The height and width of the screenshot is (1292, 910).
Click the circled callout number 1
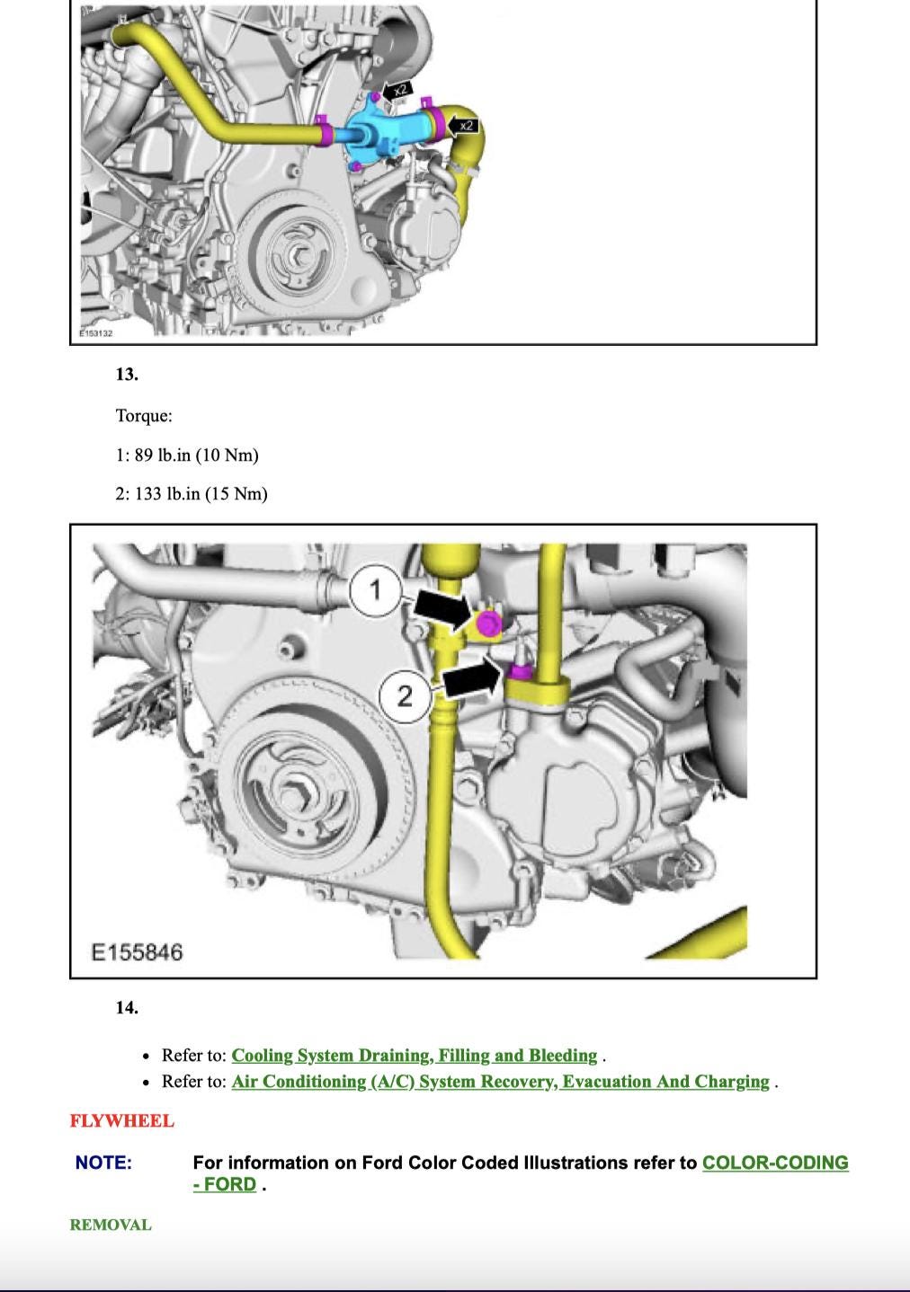[x=376, y=590]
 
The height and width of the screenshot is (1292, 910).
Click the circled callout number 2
[x=405, y=695]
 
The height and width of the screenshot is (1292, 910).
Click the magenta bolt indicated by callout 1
[x=488, y=624]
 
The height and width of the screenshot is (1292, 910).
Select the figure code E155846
[x=137, y=951]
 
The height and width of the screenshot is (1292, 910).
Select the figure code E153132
[x=94, y=333]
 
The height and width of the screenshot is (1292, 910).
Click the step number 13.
[x=127, y=374]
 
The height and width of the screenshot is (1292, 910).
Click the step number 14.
[x=127, y=1007]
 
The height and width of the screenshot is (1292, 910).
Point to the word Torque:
[x=144, y=415]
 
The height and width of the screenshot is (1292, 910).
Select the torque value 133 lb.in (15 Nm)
[x=201, y=493]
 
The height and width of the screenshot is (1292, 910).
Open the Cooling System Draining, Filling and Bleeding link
[x=414, y=1055]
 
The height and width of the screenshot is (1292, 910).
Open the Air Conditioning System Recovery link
[x=500, y=1081]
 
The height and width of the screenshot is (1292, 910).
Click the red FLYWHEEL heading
[x=122, y=1120]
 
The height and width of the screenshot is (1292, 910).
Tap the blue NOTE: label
[x=103, y=1163]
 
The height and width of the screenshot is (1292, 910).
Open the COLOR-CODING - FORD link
[x=774, y=1163]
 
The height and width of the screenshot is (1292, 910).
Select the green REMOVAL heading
[x=111, y=1225]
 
